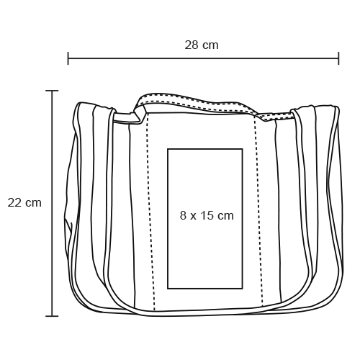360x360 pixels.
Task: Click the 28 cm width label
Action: point(202,45)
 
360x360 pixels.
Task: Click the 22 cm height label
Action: point(24,203)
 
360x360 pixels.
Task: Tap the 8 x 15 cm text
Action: point(207,215)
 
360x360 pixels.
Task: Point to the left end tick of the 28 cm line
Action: point(68,58)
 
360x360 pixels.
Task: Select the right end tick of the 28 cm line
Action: point(338,58)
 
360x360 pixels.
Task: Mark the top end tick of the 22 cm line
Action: point(52,91)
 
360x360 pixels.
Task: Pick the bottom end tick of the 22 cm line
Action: point(52,316)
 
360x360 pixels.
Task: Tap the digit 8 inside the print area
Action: point(183,215)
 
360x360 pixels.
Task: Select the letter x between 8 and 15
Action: point(194,217)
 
